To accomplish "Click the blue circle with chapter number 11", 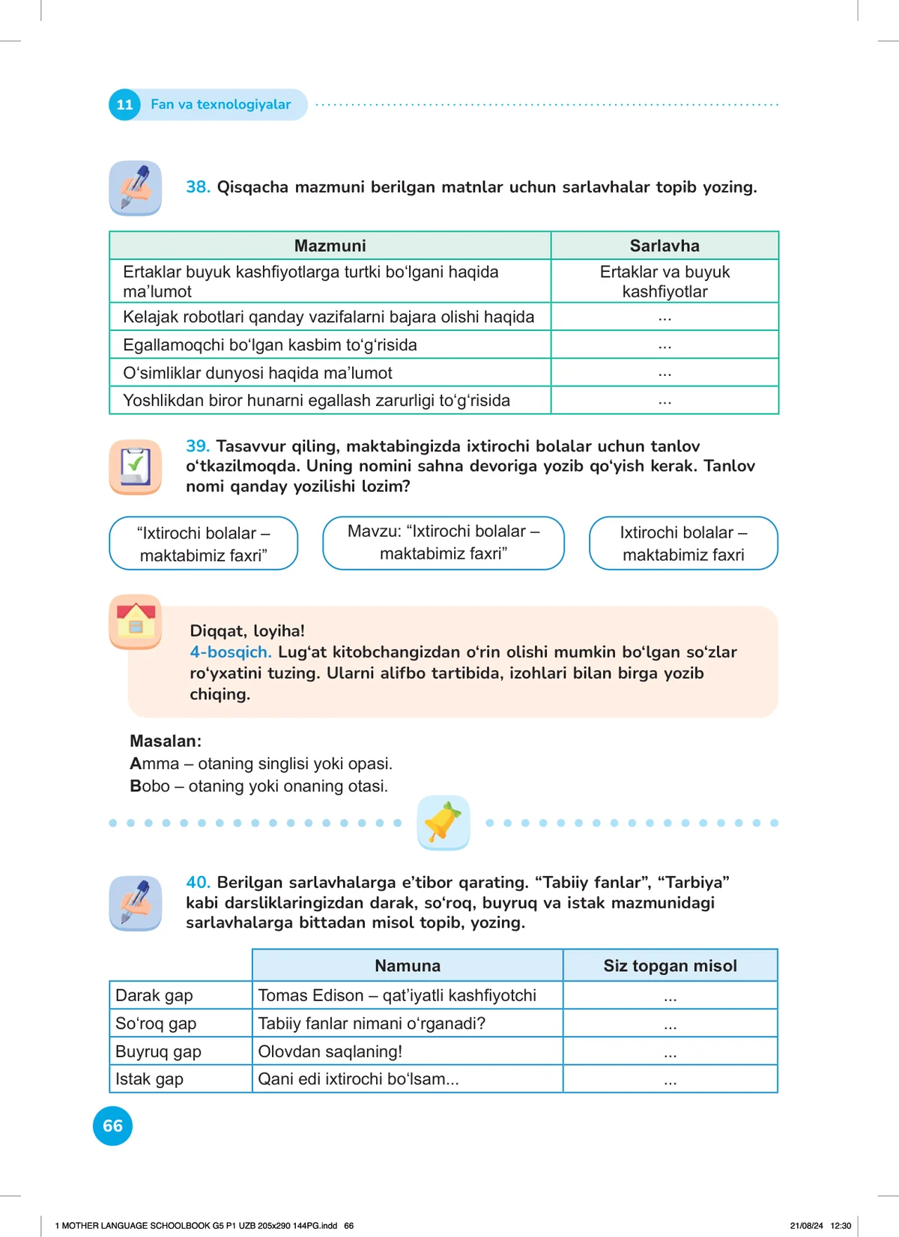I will tap(124, 105).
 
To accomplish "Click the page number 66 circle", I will tap(112, 1125).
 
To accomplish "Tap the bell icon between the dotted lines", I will tap(444, 822).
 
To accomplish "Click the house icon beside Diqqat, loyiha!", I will tap(136, 621).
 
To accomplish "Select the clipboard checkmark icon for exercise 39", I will tap(136, 466).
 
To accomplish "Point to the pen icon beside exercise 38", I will tap(136, 187).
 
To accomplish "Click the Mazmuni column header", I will tap(330, 246).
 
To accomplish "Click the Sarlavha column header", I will tap(665, 246).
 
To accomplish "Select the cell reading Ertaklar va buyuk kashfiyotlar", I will tap(665, 282).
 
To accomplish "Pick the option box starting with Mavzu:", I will tap(444, 543).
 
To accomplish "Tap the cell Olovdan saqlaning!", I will tap(330, 1051).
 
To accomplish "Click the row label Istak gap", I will tap(150, 1079).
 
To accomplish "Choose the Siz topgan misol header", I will tap(670, 966).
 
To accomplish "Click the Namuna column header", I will tap(408, 966).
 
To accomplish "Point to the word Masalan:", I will tap(166, 741).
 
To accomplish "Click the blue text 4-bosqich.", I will tap(230, 652).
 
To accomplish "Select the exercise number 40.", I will tap(198, 882).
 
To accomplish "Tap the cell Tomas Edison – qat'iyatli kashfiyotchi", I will tap(397, 996).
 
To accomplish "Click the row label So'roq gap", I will tap(156, 1024).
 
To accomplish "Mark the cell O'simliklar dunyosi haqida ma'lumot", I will tap(258, 373).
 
